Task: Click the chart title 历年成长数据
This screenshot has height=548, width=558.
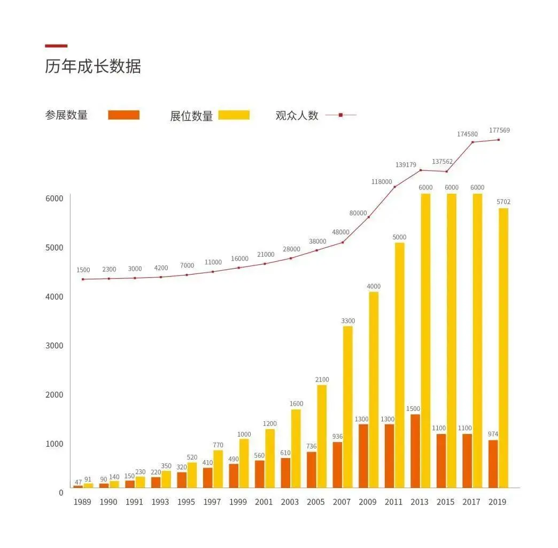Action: click(93, 67)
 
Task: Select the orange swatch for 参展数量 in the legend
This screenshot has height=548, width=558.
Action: click(123, 115)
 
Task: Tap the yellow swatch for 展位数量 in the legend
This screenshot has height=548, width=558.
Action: click(234, 115)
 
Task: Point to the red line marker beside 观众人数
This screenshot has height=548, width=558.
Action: click(340, 115)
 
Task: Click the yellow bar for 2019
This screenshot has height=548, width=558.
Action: click(503, 348)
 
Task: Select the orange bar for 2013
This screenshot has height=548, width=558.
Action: click(415, 451)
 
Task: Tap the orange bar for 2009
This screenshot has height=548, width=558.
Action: click(363, 455)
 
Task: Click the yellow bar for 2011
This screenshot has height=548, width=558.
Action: click(399, 365)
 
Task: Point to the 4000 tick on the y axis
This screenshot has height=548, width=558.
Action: click(53, 296)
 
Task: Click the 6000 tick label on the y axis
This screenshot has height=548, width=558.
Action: click(53, 199)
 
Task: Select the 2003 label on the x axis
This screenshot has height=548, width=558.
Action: click(290, 502)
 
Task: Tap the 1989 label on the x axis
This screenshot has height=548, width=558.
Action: click(82, 502)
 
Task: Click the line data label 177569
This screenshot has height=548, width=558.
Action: click(499, 130)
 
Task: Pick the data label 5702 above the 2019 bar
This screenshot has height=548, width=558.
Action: click(503, 202)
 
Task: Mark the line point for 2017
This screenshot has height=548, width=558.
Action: click(472, 142)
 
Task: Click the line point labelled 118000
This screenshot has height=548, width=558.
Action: click(394, 187)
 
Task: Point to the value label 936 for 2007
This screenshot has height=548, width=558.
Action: click(337, 437)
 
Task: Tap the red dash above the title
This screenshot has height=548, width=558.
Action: click(56, 46)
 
